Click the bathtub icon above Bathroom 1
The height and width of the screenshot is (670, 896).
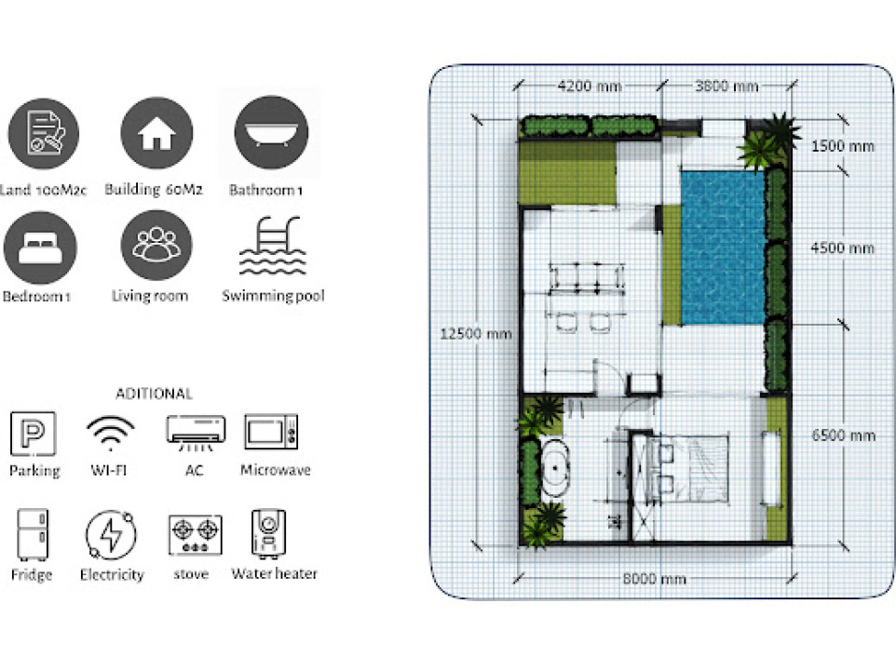pyautogui.click(x=271, y=133)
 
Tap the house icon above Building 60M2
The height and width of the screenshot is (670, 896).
pyautogui.click(x=156, y=133)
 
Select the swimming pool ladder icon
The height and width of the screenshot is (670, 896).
pyautogui.click(x=273, y=246)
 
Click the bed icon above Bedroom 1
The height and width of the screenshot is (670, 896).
pyautogui.click(x=40, y=248)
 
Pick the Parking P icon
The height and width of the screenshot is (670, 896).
pyautogui.click(x=34, y=434)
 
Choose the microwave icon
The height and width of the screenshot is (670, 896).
pyautogui.click(x=271, y=432)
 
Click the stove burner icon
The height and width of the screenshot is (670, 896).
pyautogui.click(x=196, y=535)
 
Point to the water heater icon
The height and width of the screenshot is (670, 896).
pyautogui.click(x=268, y=532)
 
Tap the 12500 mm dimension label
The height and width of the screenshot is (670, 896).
pyautogui.click(x=475, y=334)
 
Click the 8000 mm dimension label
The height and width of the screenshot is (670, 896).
pyautogui.click(x=654, y=579)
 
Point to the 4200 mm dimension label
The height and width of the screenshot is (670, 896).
pyautogui.click(x=590, y=87)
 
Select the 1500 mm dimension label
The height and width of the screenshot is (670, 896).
pyautogui.click(x=843, y=147)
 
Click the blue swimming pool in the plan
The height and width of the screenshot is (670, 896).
pyautogui.click(x=723, y=248)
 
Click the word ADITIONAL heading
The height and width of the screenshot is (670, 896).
pyautogui.click(x=155, y=394)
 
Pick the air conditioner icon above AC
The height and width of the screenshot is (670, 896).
pyautogui.click(x=196, y=432)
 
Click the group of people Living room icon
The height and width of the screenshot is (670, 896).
pyautogui.click(x=156, y=246)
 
